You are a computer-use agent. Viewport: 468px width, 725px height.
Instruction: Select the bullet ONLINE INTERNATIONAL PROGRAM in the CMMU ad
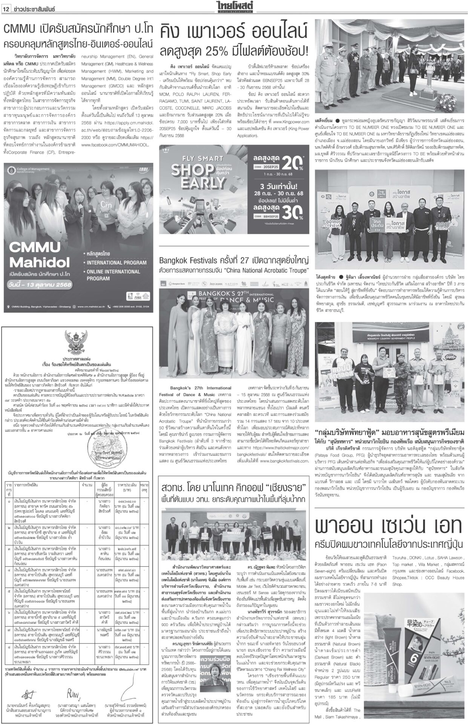(113, 275)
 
